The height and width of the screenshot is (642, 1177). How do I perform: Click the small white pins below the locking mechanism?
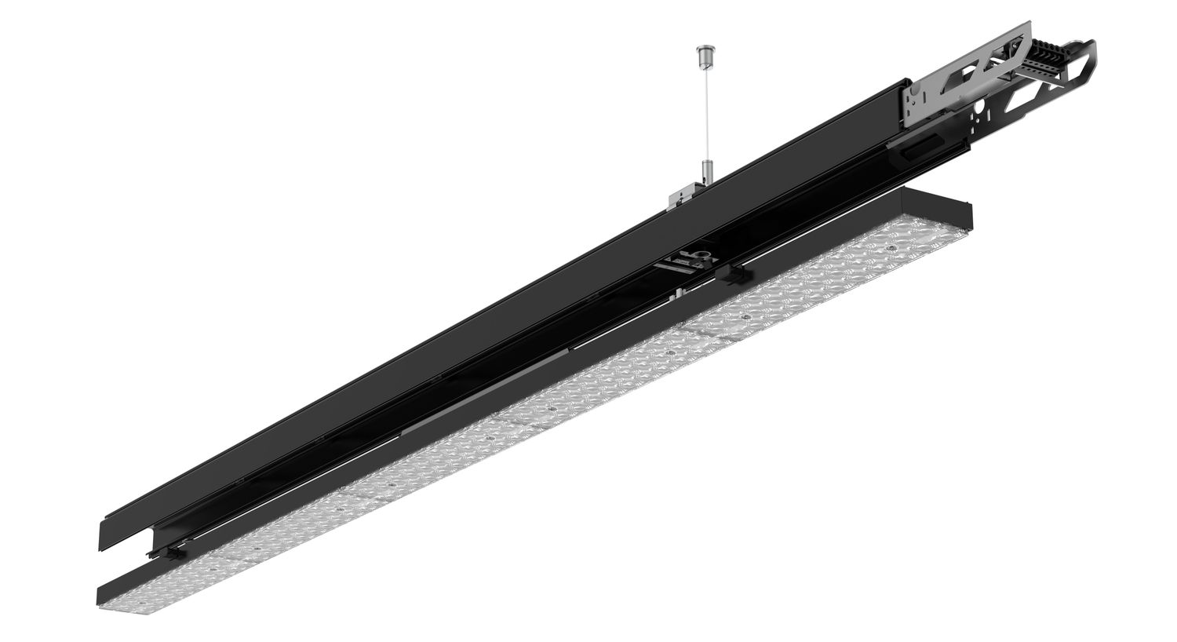pos(675,294)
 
